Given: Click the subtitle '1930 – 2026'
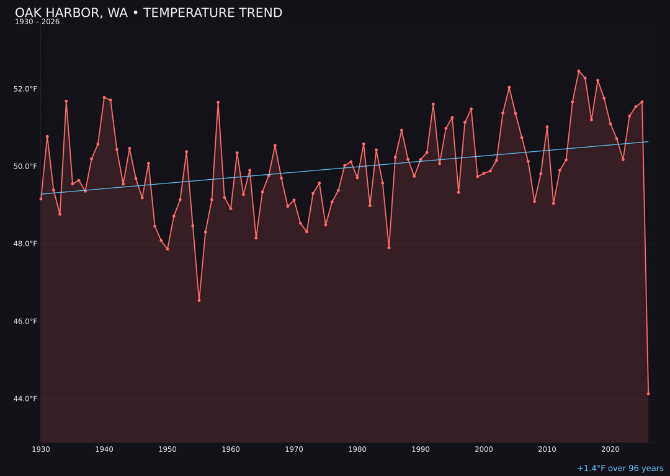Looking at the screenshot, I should tap(37, 22).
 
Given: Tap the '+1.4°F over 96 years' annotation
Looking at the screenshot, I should tap(620, 469).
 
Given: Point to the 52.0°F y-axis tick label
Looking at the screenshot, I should tap(25, 89).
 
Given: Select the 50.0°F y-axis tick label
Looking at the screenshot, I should tap(25, 167).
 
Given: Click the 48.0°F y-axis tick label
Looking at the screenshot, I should tap(25, 244).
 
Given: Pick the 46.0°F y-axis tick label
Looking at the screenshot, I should tap(25, 322).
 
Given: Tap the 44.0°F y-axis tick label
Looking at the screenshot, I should tap(25, 399).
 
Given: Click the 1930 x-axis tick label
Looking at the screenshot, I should tap(41, 449).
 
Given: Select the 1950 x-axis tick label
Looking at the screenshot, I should tap(167, 449).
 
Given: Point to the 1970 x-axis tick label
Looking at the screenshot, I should tap(294, 449).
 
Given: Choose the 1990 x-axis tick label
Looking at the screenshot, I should tap(421, 449).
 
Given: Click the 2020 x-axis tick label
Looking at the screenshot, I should tap(610, 449).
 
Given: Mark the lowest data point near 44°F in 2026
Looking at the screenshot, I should tap(648, 394).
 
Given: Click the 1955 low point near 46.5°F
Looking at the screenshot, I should tap(199, 300).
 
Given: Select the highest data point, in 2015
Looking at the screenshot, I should tap(579, 71).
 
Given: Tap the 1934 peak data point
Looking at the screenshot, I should tap(66, 101).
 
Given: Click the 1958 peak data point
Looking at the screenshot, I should tap(218, 102).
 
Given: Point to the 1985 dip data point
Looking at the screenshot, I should tap(389, 247).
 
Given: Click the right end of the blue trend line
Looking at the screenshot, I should tap(648, 142).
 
